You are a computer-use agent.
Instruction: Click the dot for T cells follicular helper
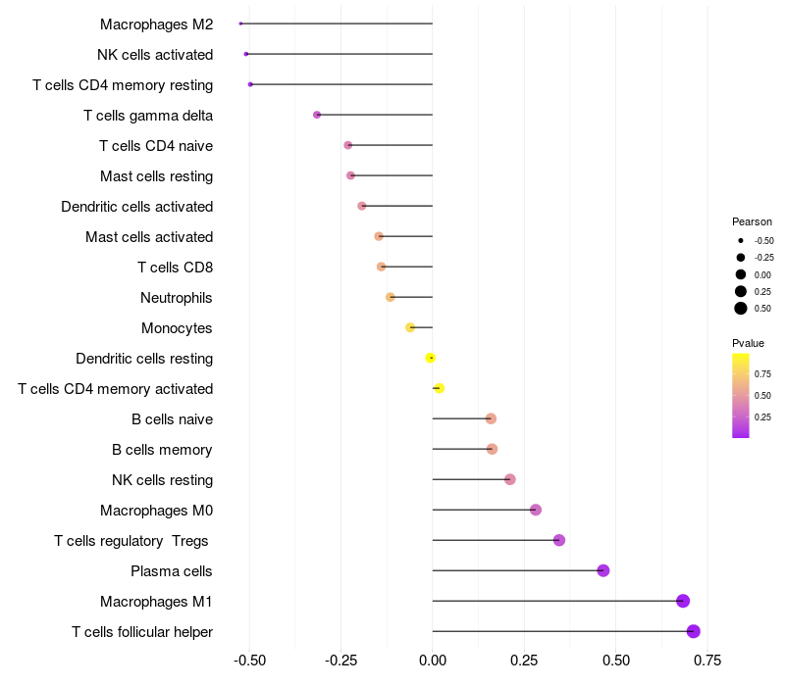(x=693, y=631)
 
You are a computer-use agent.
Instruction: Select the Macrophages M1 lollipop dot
(x=683, y=601)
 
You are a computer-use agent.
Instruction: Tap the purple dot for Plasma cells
(x=603, y=570)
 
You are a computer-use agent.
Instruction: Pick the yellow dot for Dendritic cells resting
(x=430, y=358)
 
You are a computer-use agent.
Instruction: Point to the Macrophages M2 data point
(x=240, y=24)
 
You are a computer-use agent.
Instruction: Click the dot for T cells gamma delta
(x=317, y=115)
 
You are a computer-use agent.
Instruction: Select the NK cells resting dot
(x=509, y=479)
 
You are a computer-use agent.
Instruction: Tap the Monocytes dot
(x=410, y=327)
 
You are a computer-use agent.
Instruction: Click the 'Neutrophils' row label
(x=177, y=298)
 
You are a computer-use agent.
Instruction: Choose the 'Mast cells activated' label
(x=149, y=237)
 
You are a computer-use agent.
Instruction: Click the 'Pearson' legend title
(x=752, y=221)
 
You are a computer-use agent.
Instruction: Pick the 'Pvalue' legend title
(x=748, y=343)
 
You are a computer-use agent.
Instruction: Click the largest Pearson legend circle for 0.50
(x=741, y=309)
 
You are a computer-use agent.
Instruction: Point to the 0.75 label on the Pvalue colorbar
(x=762, y=373)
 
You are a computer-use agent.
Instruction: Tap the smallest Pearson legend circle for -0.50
(x=741, y=240)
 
